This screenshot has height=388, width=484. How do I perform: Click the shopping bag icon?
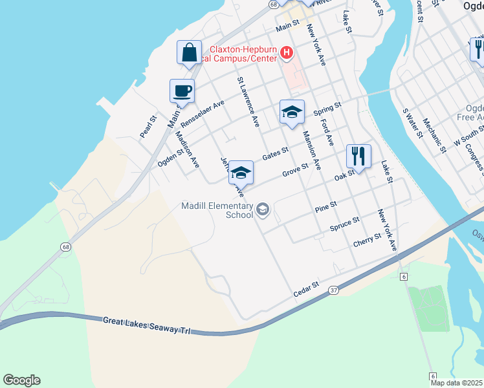pos(190,53)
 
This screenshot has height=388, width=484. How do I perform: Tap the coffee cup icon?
pos(182,91)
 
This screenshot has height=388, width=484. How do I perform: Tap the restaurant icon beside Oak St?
pos(358,156)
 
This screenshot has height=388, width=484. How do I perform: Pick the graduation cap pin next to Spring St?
pos(292,112)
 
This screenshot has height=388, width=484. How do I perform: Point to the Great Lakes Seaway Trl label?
pos(147,325)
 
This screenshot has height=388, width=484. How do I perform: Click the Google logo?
pos(21,380)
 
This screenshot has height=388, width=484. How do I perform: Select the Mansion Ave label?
pos(312,151)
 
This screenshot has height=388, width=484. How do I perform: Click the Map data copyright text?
pos(457,383)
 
